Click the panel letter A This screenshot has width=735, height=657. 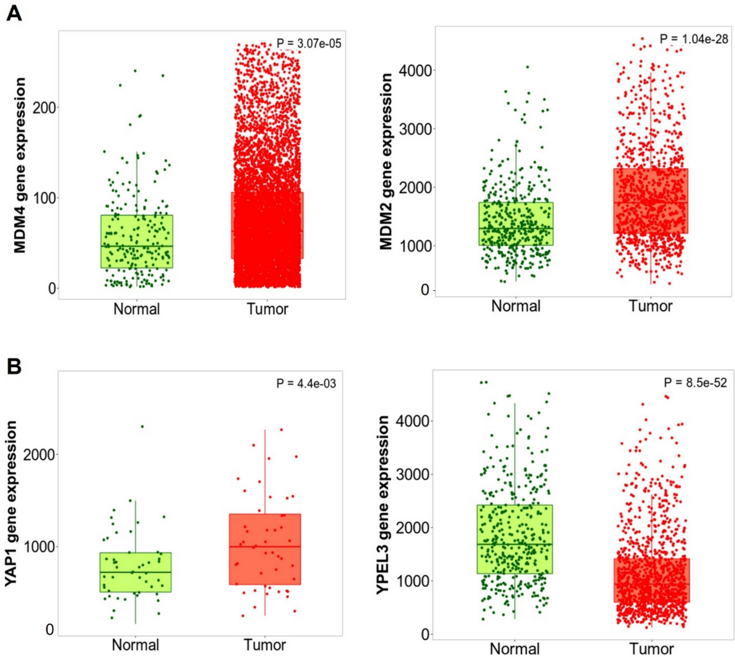14,13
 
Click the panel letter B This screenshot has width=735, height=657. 14,366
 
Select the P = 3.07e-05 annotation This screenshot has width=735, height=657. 309,44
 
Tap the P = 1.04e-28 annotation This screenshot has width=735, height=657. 693,39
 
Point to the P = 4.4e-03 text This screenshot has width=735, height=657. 306,384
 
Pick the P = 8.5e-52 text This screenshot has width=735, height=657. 695,383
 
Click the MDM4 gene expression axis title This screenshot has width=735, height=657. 20,165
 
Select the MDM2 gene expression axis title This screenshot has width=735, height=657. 386,162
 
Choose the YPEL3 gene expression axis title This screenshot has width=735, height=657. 383,505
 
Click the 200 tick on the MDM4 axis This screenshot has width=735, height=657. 45,108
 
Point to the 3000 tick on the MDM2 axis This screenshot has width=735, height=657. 415,129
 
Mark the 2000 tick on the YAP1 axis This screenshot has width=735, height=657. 39,455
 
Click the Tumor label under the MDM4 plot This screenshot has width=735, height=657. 267,309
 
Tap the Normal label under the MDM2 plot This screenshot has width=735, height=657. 516,306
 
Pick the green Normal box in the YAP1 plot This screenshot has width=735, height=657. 136,572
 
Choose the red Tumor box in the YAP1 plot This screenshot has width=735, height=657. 265,549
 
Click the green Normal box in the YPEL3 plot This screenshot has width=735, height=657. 515,539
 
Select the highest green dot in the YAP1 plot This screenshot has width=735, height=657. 142,427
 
